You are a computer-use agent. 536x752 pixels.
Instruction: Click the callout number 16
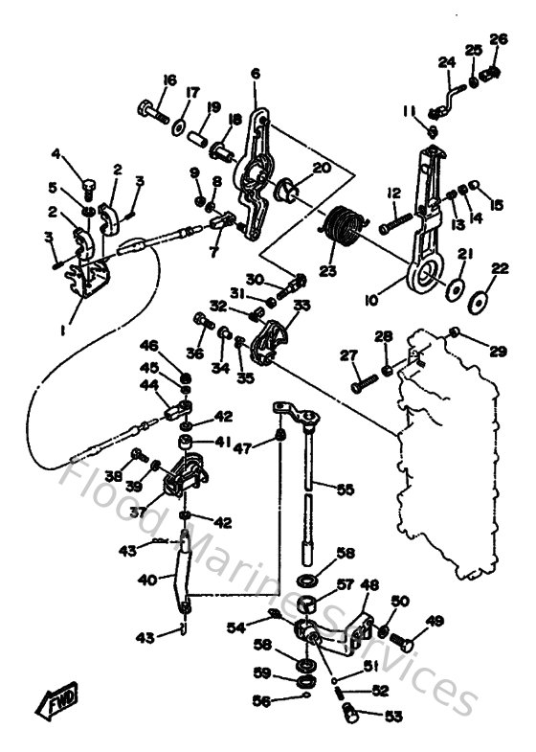pyautogui.click(x=168, y=80)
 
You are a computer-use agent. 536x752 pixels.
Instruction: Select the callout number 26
pyautogui.click(x=498, y=39)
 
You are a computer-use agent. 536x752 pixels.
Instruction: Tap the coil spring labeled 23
pyautogui.click(x=342, y=228)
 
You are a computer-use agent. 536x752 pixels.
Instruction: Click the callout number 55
pyautogui.click(x=345, y=489)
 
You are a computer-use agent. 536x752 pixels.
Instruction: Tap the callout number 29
pyautogui.click(x=497, y=352)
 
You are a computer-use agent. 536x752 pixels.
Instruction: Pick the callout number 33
pyautogui.click(x=302, y=305)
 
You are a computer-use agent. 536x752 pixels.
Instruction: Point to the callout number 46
pyautogui.click(x=149, y=345)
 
